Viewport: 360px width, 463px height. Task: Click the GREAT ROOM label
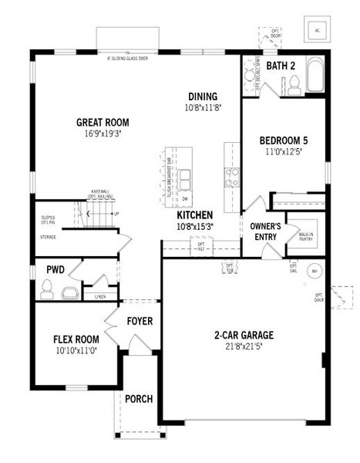coord(102,122)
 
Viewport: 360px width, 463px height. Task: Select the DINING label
coord(204,96)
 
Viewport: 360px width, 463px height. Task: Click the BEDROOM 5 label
coord(283,140)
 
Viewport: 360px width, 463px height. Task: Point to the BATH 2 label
coord(281,66)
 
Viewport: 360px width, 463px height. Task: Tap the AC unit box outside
coord(317,29)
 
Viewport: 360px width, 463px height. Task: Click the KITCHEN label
coord(194,216)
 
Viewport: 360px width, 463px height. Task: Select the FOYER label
coord(140,321)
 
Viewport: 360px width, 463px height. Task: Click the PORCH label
coord(139,399)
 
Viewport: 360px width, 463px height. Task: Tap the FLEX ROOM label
coord(76,339)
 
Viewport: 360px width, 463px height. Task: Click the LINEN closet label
coord(100,296)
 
